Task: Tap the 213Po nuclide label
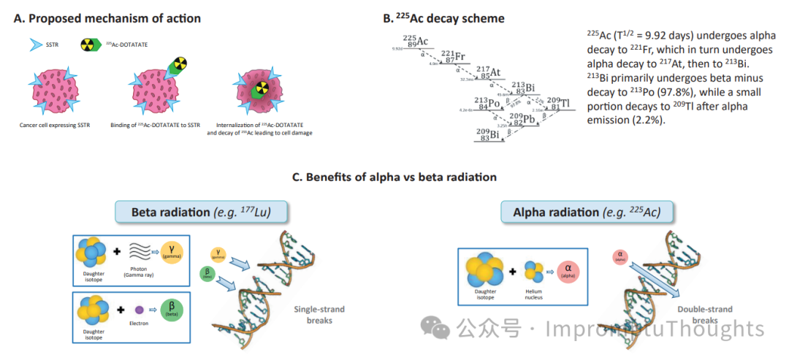[x=487, y=104]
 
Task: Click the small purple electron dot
[x=140, y=310]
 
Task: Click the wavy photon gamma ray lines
[x=139, y=253]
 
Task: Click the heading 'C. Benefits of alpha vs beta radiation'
[x=394, y=177]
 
